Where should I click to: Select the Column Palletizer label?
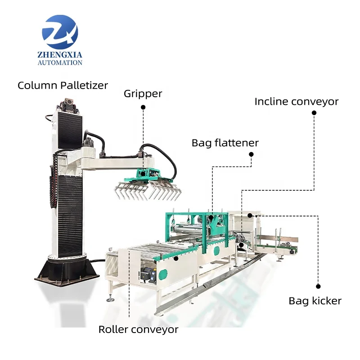tap(63, 85)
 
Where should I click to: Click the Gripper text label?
tap(143, 94)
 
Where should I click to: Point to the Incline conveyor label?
tap(296, 102)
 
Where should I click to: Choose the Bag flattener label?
tap(225, 143)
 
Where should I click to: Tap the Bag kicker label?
tap(315, 301)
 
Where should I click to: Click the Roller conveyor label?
tap(138, 329)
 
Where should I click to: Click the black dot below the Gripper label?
tap(143, 107)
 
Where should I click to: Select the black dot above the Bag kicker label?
tap(318, 286)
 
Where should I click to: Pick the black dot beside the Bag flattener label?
tap(252, 154)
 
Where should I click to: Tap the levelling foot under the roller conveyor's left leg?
tap(110, 299)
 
